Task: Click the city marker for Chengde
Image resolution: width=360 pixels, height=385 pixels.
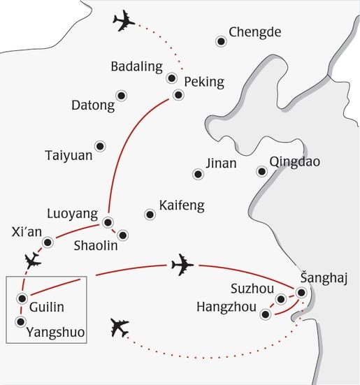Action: point(221,41)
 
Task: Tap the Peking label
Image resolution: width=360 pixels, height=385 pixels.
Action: point(204,82)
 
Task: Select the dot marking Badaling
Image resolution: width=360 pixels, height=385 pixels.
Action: point(171,78)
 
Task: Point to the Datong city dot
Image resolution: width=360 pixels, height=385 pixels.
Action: point(122,96)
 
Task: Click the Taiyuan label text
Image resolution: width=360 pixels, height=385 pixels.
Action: point(69,155)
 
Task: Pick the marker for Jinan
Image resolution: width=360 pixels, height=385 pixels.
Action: point(198,174)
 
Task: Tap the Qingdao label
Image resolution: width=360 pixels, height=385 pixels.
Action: point(295,162)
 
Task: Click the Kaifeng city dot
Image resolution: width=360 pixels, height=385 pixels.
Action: point(150,215)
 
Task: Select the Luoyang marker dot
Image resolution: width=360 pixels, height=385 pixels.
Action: point(108,222)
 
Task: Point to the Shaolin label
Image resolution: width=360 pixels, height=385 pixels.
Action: point(96,245)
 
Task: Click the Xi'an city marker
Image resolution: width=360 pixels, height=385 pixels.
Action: point(48,242)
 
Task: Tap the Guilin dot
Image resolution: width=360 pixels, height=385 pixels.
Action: point(22,298)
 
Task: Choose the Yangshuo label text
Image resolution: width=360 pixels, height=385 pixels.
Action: point(55,333)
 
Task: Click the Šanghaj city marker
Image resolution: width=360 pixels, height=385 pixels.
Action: point(301,293)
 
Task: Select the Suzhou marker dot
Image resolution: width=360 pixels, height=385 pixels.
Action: point(281,299)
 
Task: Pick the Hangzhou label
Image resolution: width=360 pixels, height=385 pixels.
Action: point(226,307)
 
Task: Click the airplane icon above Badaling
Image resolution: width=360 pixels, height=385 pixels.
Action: point(124,21)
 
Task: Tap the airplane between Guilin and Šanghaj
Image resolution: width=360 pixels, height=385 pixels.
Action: point(182,265)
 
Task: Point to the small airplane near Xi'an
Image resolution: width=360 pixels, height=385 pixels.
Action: point(33,261)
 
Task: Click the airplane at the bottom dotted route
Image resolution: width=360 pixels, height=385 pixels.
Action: point(120,328)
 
